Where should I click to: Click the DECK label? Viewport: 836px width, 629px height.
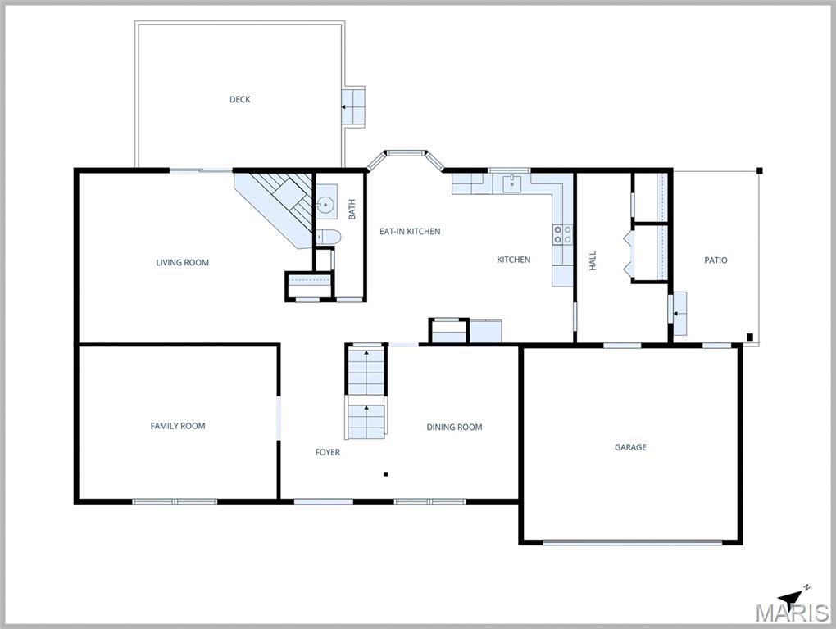(239, 100)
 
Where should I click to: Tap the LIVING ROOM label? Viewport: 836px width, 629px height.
(182, 263)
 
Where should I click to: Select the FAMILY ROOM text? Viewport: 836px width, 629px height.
(177, 426)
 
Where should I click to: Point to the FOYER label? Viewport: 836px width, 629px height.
(327, 452)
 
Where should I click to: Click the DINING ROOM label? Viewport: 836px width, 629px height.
(454, 427)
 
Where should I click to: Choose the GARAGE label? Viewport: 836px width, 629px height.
(630, 447)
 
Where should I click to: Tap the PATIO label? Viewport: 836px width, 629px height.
(716, 260)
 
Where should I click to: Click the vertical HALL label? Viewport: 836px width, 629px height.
(593, 261)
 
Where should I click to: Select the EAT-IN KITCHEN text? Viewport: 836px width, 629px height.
(409, 232)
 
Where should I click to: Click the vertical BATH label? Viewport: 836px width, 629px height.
(352, 210)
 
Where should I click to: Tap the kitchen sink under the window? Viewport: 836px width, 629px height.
(511, 183)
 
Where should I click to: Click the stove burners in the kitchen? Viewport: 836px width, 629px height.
(562, 235)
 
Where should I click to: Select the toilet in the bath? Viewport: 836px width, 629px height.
(327, 238)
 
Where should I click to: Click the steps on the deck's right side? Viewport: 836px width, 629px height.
(353, 106)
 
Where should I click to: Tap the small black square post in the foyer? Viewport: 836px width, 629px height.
(386, 473)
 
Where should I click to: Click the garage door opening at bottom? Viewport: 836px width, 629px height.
(632, 541)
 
